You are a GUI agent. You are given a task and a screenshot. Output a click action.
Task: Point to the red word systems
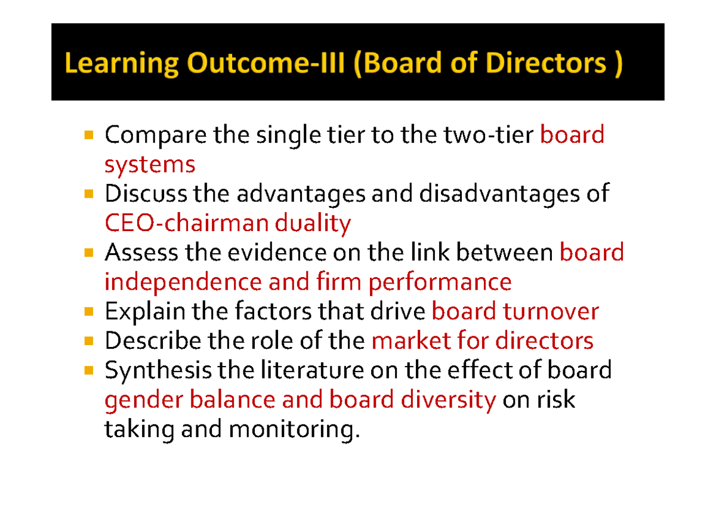[150, 164]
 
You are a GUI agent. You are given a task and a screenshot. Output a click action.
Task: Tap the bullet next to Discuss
[88, 195]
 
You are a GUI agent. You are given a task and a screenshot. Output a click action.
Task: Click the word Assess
[141, 253]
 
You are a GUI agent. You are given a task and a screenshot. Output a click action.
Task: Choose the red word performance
[440, 282]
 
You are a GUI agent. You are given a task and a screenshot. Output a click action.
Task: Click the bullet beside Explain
[88, 312]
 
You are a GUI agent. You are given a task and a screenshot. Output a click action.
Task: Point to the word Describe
[153, 341]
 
